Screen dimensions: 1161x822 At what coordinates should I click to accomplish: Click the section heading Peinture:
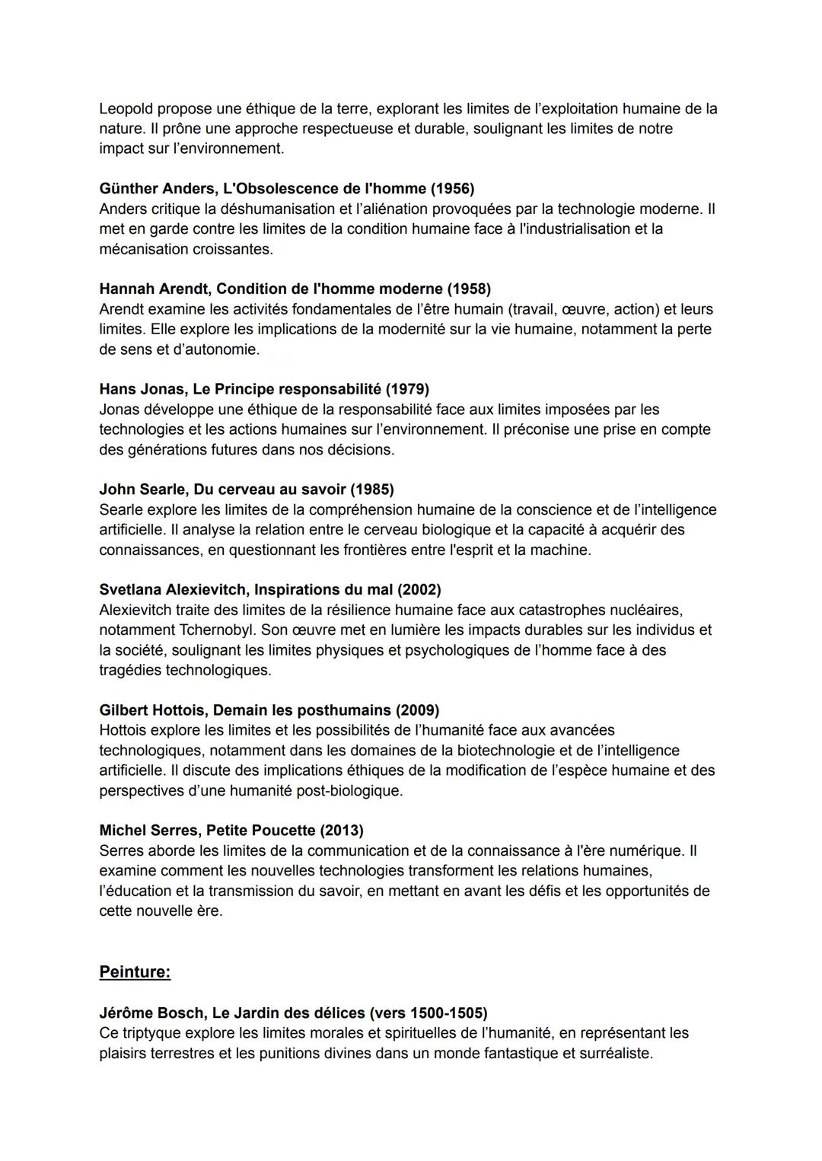[135, 972]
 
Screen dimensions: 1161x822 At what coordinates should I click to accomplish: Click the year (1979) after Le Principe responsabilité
[407, 389]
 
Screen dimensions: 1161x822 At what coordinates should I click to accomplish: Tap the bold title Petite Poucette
[261, 830]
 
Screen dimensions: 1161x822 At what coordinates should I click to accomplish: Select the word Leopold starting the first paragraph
[126, 108]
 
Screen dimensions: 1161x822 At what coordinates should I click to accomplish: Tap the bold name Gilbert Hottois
[152, 710]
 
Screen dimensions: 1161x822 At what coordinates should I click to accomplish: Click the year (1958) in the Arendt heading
[469, 289]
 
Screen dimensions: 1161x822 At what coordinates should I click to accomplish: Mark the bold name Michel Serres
[148, 830]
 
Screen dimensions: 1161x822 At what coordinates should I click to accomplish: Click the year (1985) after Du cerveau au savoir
[372, 489]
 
